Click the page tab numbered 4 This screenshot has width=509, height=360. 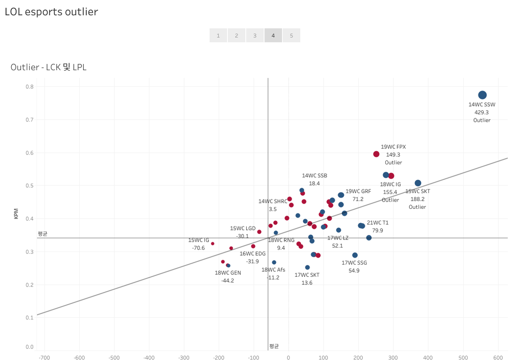(273, 36)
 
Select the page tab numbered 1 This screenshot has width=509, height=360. (218, 36)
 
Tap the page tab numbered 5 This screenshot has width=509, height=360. (292, 36)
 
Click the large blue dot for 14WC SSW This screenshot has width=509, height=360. (482, 95)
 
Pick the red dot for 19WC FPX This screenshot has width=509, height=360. (376, 154)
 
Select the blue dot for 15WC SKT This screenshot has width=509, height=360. (418, 183)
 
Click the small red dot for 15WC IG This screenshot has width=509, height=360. (212, 243)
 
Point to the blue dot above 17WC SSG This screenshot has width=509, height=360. (355, 255)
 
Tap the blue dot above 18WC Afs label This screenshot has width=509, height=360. (274, 262)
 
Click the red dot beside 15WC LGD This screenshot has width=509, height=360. (259, 232)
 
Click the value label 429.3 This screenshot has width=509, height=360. (482, 112)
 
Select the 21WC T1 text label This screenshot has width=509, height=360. (378, 222)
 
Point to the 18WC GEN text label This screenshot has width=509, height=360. (228, 273)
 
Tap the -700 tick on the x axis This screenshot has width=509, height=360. (44, 358)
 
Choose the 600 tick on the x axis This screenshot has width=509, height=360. (498, 358)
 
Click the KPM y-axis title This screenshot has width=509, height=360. (16, 213)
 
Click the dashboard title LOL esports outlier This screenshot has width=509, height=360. (51, 12)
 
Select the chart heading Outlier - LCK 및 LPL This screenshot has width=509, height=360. (48, 67)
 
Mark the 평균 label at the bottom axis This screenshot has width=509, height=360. (274, 346)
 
